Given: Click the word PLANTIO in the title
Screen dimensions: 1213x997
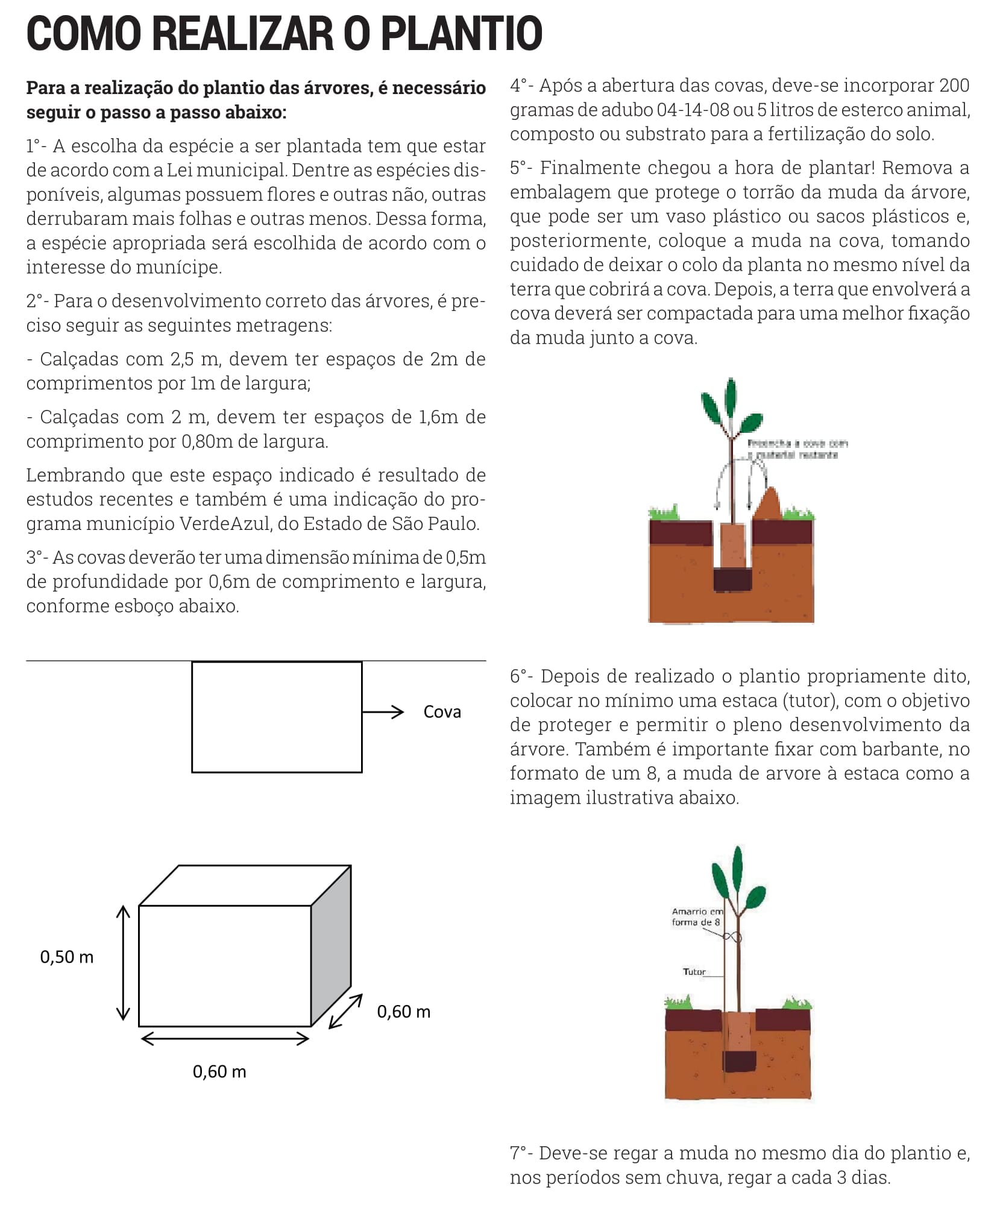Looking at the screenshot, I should [461, 34].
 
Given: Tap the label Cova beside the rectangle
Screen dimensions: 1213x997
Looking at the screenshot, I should [442, 712].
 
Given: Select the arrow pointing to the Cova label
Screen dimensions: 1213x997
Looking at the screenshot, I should [383, 712].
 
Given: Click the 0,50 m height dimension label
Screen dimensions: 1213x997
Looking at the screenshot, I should [66, 957].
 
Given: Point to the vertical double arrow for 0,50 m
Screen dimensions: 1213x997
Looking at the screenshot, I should [123, 962].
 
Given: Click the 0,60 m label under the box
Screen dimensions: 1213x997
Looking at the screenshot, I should [219, 1071].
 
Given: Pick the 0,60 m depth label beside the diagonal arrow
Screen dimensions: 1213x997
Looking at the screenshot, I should [403, 1012].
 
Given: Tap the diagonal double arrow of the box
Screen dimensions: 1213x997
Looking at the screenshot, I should [345, 1010].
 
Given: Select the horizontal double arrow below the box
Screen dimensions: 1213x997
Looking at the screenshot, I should [225, 1038].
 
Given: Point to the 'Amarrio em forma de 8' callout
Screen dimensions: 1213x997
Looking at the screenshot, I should [697, 917].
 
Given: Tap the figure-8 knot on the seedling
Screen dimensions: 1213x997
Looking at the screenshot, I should [731, 937].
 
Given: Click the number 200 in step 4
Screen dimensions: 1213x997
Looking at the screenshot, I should [954, 86].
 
